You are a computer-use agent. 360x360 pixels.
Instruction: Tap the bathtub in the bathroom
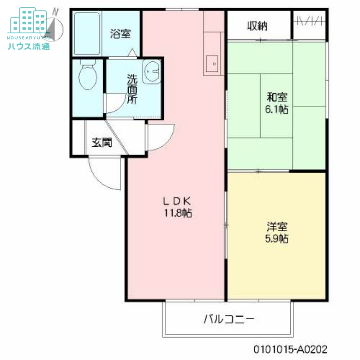[x=87, y=33]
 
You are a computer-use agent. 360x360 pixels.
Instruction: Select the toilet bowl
[x=87, y=77]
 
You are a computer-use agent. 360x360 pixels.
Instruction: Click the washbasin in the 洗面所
[x=152, y=72]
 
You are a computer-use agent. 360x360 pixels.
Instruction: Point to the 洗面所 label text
[x=131, y=89]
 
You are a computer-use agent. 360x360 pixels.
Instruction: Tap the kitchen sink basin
[x=211, y=63]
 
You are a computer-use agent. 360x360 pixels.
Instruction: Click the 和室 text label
[x=277, y=97]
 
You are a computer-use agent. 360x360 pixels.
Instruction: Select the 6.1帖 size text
[x=276, y=109]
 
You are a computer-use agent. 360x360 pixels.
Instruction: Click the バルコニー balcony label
[x=229, y=320]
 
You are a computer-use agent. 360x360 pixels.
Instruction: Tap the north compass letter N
[x=56, y=11]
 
